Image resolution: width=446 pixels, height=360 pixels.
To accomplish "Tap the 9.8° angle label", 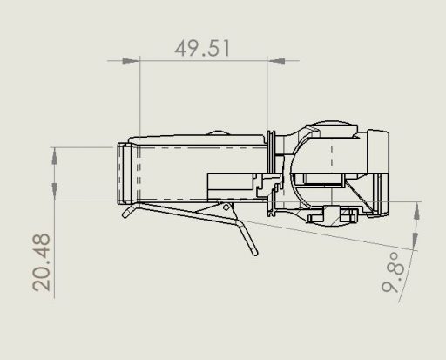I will (x=395, y=275).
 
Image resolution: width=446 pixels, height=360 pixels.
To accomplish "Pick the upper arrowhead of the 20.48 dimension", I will (x=57, y=156).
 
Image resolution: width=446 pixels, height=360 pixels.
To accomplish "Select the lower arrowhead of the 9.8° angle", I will (x=417, y=245).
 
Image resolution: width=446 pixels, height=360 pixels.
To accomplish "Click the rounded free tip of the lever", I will (x=254, y=253).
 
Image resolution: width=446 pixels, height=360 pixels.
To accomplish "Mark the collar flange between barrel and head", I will (x=273, y=171).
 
